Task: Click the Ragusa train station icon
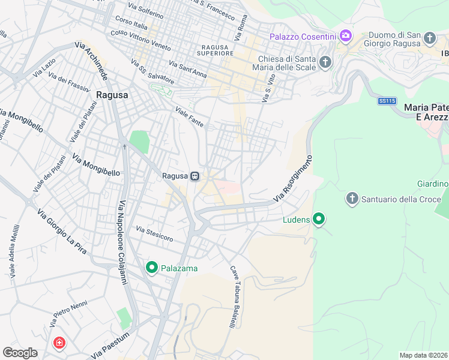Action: tap(194, 176)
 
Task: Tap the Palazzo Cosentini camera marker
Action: tap(345, 37)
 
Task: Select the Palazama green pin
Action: tap(151, 268)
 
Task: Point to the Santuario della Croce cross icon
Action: tap(352, 198)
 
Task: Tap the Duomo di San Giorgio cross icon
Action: tap(429, 39)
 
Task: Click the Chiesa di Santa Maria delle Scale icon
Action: tap(325, 62)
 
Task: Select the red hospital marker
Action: tap(59, 344)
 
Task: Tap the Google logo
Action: tap(20, 353)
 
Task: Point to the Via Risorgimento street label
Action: tap(294, 178)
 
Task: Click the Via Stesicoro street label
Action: tap(154, 234)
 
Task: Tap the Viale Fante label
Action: tap(190, 118)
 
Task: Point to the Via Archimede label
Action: tap(91, 65)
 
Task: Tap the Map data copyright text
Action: tap(423, 355)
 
